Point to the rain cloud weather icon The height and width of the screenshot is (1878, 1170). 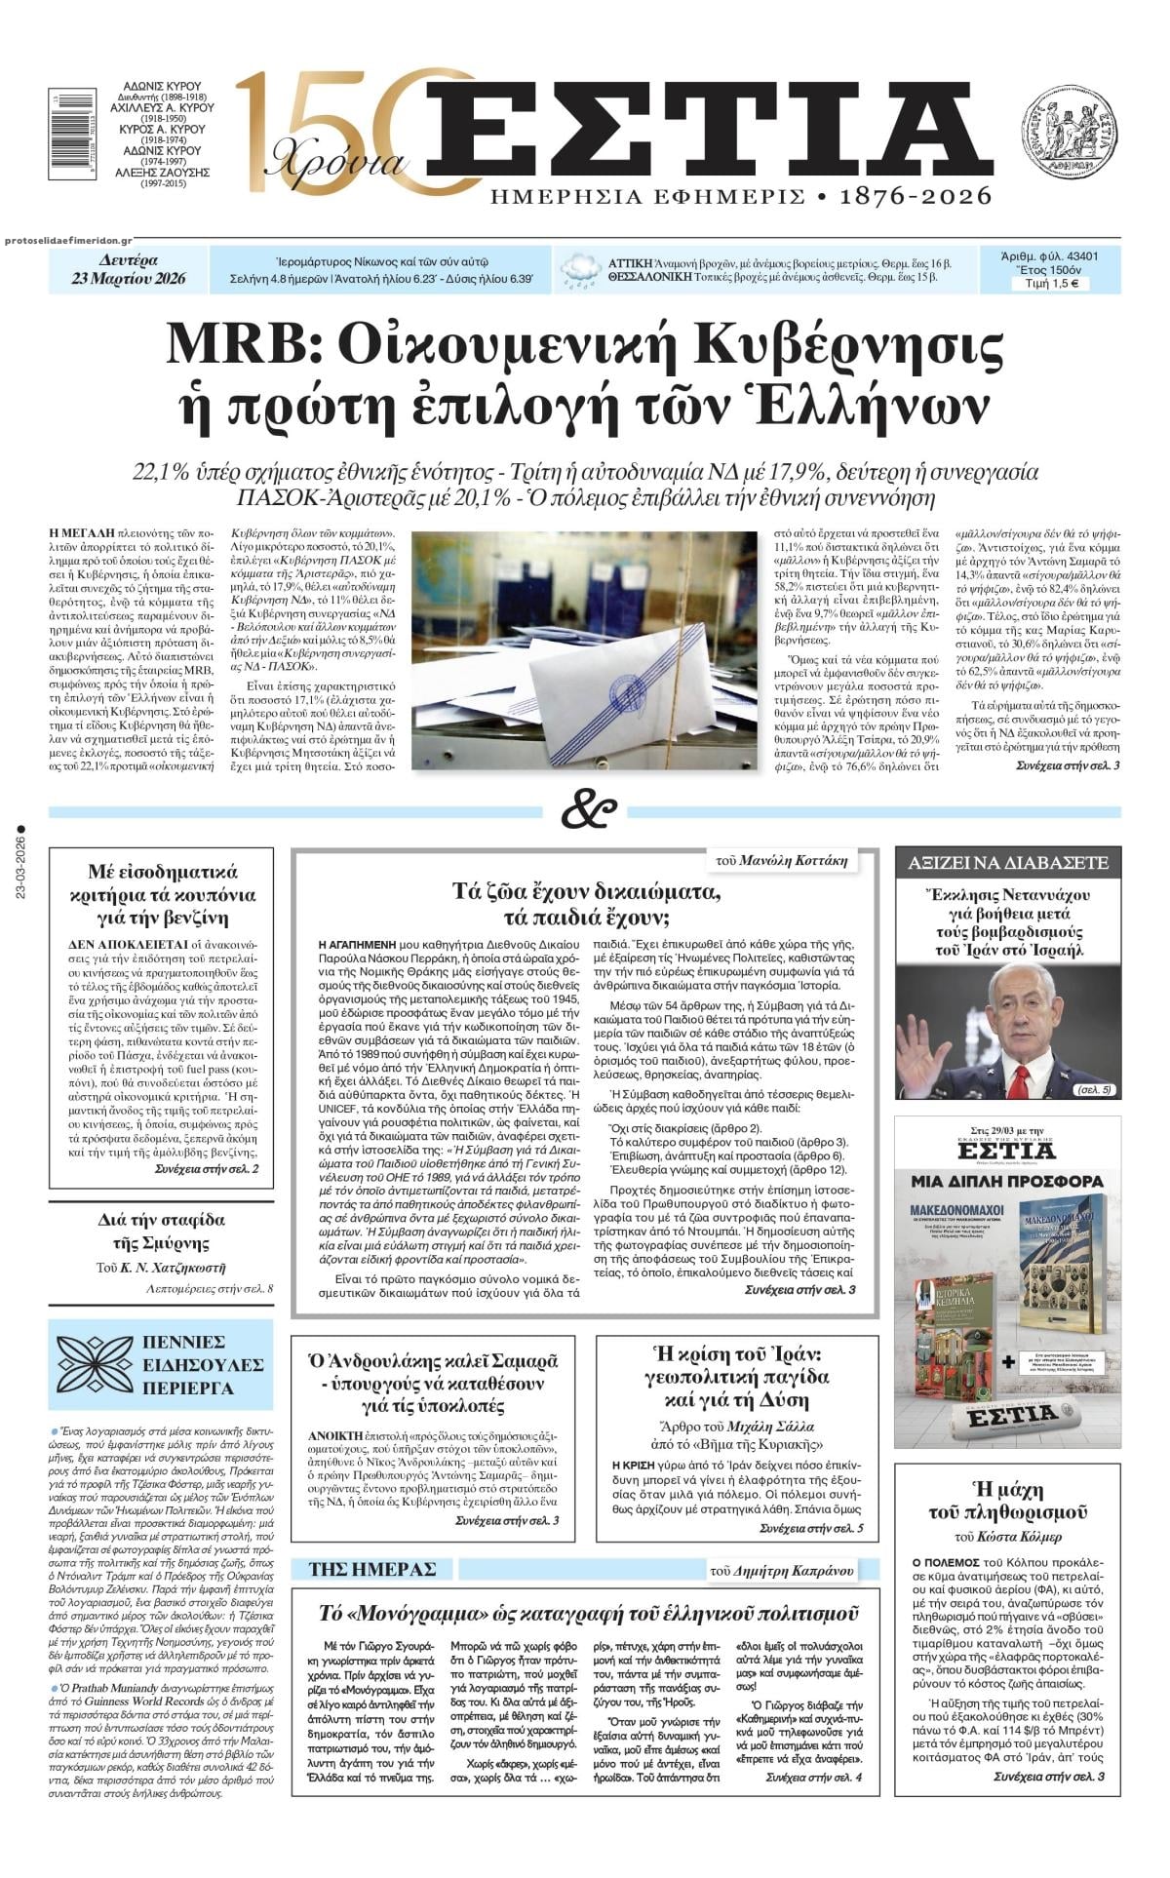pyautogui.click(x=581, y=270)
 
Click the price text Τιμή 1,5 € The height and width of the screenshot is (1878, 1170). pyautogui.click(x=1051, y=285)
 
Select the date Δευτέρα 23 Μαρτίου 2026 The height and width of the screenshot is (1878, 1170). pyautogui.click(x=129, y=270)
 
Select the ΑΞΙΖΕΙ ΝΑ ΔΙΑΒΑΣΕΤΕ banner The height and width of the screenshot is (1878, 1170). pyautogui.click(x=1008, y=863)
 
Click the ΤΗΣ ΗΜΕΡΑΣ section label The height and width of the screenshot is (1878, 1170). pyautogui.click(x=371, y=1569)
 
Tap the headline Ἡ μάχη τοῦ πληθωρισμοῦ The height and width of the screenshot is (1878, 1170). pyautogui.click(x=1007, y=1501)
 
